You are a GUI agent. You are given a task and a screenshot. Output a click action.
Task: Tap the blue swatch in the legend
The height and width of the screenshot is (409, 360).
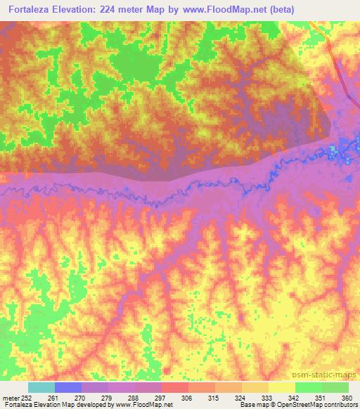point(68,387)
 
